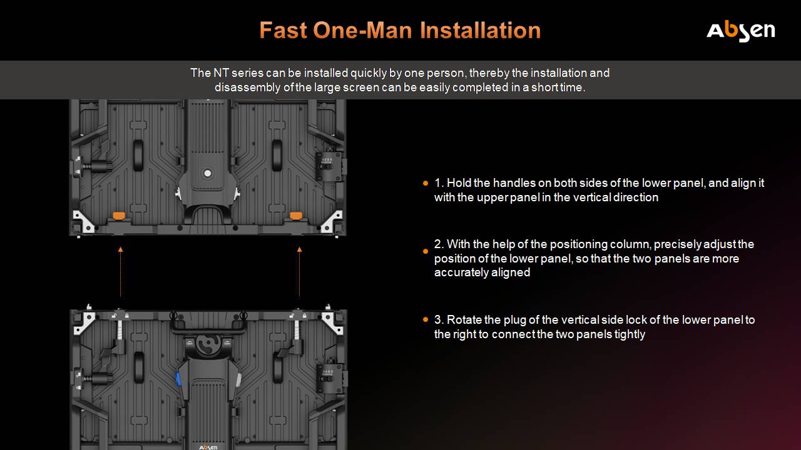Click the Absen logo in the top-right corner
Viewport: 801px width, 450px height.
[x=740, y=31]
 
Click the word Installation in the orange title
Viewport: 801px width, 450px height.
[x=480, y=30]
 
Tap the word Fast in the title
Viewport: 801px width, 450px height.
[x=283, y=30]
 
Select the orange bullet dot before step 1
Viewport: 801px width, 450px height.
[x=425, y=183]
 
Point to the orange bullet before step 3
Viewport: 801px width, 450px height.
[x=425, y=319]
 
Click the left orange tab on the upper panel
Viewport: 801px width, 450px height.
[x=119, y=216]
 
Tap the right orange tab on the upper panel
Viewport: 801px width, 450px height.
[x=296, y=216]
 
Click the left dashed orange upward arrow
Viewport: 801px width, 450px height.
[x=121, y=271]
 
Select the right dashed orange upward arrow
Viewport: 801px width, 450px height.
[x=299, y=271]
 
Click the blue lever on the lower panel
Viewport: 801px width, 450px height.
[x=178, y=379]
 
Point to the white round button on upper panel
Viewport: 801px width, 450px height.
[x=207, y=173]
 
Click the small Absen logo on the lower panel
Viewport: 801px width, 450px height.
[x=208, y=447]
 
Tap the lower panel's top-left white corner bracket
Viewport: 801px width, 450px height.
[x=83, y=323]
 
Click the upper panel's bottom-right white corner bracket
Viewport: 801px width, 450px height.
[x=332, y=221]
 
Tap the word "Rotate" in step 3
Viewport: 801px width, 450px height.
[x=464, y=320]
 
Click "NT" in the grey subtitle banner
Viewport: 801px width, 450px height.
[x=221, y=73]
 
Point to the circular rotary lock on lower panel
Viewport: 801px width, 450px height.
[x=208, y=344]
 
